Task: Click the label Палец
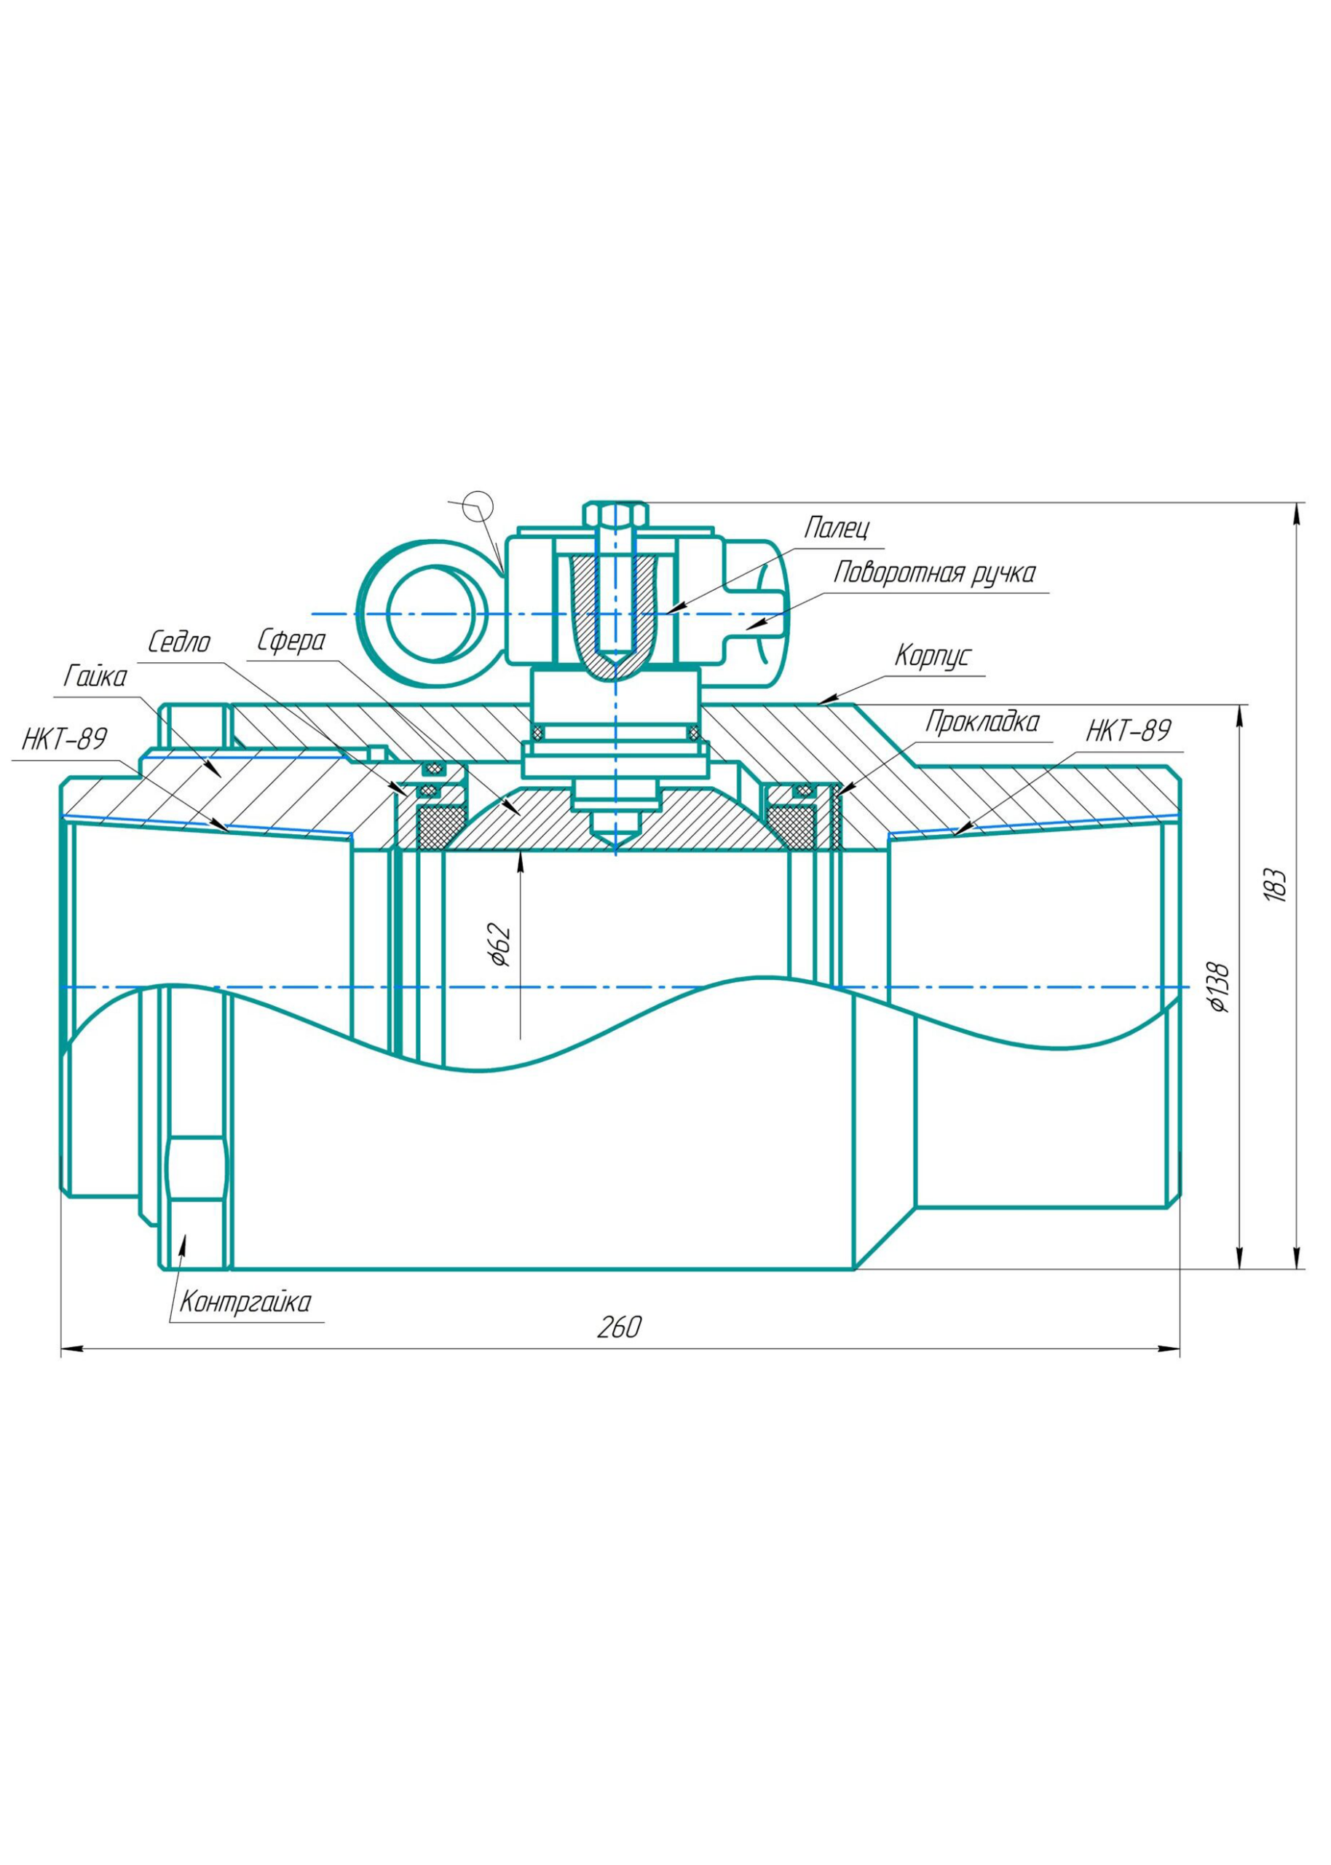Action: click(x=835, y=528)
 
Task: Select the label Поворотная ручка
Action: click(x=934, y=573)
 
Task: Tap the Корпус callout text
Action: click(x=932, y=656)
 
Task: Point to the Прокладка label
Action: click(x=982, y=722)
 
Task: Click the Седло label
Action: click(x=178, y=642)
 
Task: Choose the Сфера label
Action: click(x=291, y=641)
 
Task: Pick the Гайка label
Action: click(x=96, y=677)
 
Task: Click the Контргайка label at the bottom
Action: click(x=245, y=1302)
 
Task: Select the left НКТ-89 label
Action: click(x=64, y=739)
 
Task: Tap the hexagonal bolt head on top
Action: click(x=615, y=515)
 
